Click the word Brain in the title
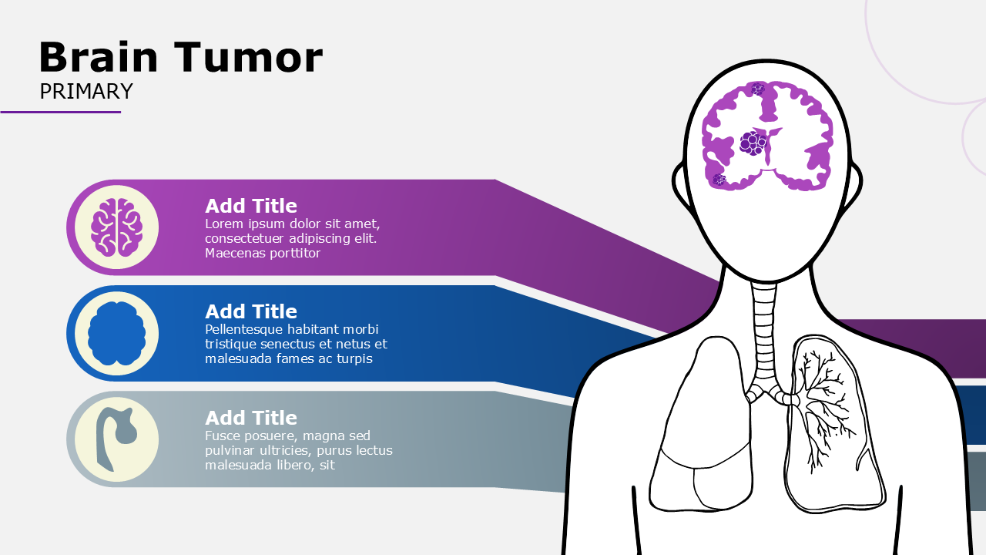point(99,58)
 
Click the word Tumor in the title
point(248,58)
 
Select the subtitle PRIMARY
point(86,92)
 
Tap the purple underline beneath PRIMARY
point(60,112)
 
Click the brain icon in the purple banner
point(116,227)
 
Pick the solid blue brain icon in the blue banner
point(116,333)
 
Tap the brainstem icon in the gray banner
point(115,439)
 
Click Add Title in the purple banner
point(251,206)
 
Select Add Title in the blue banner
point(251,311)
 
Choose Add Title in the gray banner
point(251,418)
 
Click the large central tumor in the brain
point(753,143)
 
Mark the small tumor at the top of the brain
point(757,89)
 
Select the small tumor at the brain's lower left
point(719,180)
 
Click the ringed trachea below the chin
point(765,331)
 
